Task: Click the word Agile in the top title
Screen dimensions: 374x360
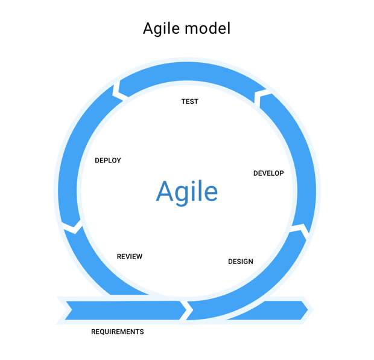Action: [161, 29]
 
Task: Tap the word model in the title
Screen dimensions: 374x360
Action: [208, 28]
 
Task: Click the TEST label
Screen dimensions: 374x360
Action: [189, 101]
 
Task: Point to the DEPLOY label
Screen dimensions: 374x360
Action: [108, 161]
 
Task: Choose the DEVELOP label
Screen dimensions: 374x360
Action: [268, 173]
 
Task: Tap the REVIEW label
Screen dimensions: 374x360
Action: [130, 257]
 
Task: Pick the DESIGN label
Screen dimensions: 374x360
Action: [241, 262]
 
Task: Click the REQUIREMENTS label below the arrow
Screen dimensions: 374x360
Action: [118, 332]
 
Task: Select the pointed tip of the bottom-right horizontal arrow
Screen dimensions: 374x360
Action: [308, 310]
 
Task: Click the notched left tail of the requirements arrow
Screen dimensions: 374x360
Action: [72, 310]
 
